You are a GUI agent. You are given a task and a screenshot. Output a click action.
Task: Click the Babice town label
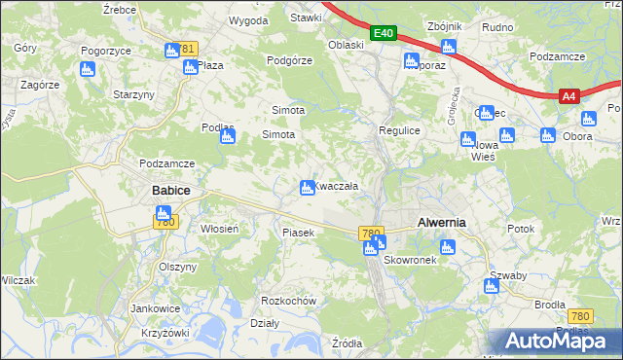(170, 191)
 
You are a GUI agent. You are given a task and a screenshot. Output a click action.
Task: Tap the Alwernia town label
(441, 222)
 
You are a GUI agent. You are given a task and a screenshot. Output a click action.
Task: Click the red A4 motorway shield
(569, 96)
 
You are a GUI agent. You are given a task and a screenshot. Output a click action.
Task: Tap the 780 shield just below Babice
(165, 223)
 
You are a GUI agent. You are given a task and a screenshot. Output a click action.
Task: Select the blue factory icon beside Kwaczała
(307, 187)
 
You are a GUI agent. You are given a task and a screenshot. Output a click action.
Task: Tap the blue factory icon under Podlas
(227, 137)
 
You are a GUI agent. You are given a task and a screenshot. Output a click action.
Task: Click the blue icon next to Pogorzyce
(87, 69)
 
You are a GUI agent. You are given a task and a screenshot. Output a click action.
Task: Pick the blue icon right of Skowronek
(446, 247)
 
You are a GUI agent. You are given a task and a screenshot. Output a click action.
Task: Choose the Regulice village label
(398, 129)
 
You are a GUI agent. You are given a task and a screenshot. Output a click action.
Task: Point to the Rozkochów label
(289, 301)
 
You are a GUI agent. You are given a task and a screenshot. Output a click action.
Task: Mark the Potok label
(522, 228)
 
